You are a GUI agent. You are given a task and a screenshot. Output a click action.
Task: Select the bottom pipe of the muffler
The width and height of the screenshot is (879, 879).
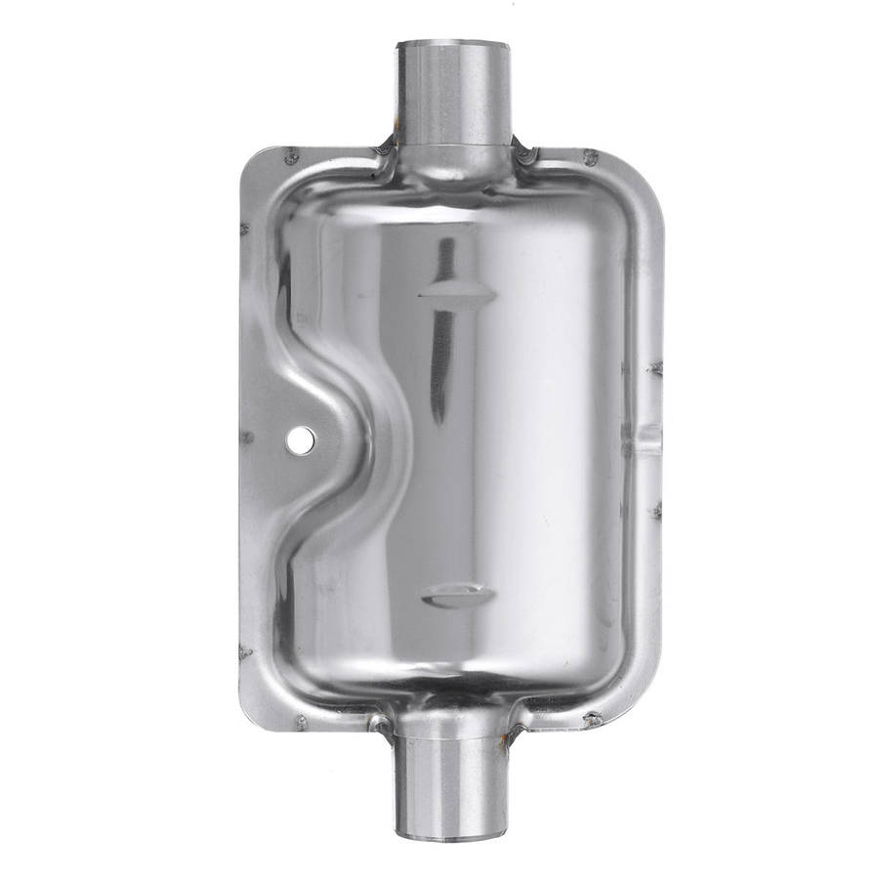(453, 781)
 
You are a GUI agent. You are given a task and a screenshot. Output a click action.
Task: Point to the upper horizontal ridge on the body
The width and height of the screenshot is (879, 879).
(457, 293)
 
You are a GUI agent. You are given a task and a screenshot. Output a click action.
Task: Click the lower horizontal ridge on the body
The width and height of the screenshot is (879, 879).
(457, 594)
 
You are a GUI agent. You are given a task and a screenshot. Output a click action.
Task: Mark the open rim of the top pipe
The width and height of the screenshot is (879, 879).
(453, 44)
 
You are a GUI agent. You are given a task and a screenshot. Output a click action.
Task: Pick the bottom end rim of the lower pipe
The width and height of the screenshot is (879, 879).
(453, 835)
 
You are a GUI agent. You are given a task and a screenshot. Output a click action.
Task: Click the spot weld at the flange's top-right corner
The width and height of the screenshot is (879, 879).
(589, 156)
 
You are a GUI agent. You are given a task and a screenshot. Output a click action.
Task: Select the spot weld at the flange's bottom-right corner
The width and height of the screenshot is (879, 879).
(591, 720)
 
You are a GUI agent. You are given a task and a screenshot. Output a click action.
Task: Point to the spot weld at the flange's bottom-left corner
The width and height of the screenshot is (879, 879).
(300, 723)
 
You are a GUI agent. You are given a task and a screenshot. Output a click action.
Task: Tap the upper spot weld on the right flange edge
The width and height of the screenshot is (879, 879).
(654, 368)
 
